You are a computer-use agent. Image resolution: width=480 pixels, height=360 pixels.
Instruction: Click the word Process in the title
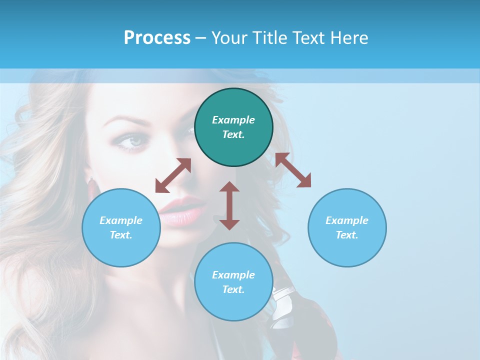pos(157,38)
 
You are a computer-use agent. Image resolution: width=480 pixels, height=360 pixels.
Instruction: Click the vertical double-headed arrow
pos(229,205)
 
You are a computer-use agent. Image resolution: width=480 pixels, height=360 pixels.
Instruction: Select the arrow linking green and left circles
pos(173,175)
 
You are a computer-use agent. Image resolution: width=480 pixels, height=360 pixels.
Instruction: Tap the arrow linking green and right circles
pos(293,170)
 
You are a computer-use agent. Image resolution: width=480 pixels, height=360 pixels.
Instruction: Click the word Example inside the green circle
pos(233,120)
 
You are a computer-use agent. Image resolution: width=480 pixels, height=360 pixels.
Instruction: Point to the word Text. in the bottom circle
pos(233,289)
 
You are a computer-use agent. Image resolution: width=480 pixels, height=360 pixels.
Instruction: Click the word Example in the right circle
pos(347,220)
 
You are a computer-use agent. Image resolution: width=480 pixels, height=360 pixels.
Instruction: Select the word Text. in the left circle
pos(121,235)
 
